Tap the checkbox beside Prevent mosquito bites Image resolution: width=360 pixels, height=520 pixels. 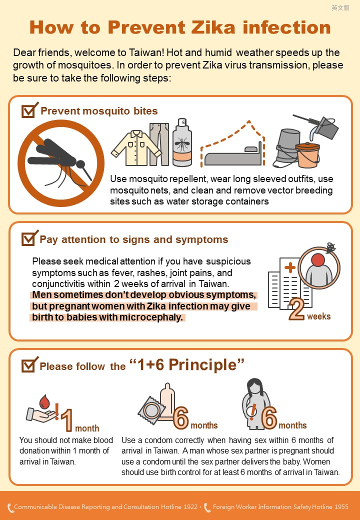(x=29, y=110)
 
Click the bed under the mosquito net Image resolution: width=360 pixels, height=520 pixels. (x=233, y=156)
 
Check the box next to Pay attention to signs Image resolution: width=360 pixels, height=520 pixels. (x=29, y=238)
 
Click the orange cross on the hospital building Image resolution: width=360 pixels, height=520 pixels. (x=290, y=268)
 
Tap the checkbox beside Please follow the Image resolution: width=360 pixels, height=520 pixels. (x=29, y=365)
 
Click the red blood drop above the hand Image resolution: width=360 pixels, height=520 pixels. (x=44, y=402)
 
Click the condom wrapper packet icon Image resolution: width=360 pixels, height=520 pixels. (x=151, y=410)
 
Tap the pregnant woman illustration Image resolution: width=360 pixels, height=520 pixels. (x=256, y=404)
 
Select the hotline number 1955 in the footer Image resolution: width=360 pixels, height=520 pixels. (x=341, y=506)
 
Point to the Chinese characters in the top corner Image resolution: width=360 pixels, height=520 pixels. (x=340, y=7)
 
